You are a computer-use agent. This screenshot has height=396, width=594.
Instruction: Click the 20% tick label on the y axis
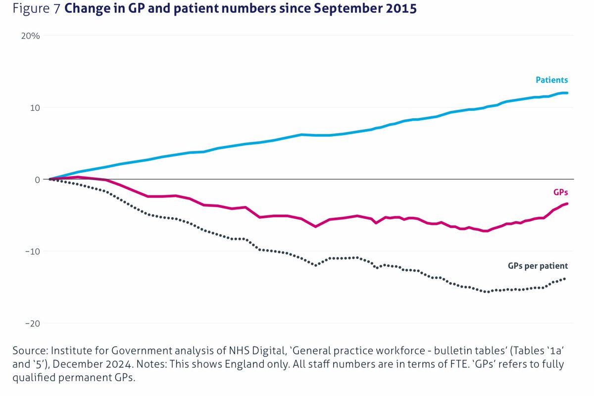coord(30,36)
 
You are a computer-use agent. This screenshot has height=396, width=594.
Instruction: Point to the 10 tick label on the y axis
coord(33,108)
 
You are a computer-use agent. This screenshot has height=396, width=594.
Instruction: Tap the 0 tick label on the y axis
coord(37,180)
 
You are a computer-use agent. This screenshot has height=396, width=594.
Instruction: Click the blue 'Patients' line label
coord(551,80)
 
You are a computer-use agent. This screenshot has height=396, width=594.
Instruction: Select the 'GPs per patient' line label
coord(538,265)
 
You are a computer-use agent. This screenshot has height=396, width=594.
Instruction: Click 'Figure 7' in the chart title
coord(32,9)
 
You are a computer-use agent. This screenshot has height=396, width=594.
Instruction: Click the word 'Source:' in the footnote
coord(30,350)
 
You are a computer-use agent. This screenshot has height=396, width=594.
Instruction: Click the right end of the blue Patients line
coord(567,93)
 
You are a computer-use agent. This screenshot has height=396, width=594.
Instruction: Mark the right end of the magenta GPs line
coord(567,203)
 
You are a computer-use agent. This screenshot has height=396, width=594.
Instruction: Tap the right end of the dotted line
coord(565,279)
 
